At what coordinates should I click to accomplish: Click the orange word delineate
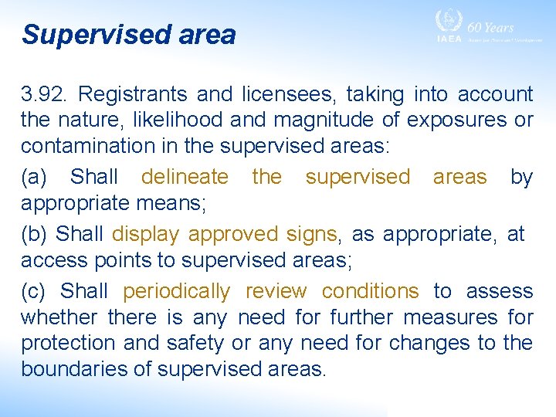pos(185,177)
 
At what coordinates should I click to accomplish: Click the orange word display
pos(146,234)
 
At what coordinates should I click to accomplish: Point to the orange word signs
pos(313,234)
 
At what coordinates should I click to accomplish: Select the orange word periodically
pos(176,291)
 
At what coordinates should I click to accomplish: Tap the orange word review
pos(276,291)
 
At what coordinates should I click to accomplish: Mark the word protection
pos(65,343)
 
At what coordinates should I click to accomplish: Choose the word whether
pos(59,317)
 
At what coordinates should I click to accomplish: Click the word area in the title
pos(204,35)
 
